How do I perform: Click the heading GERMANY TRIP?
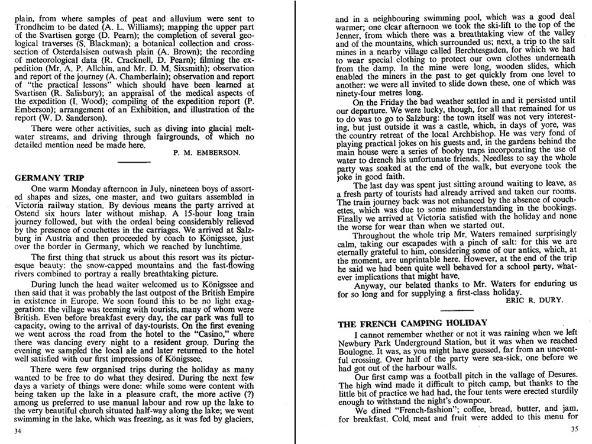[x=48, y=178]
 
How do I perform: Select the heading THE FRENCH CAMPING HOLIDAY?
[x=412, y=323]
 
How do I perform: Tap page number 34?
[x=18, y=431]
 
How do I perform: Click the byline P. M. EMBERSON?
[x=206, y=152]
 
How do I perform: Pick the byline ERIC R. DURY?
[x=532, y=300]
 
